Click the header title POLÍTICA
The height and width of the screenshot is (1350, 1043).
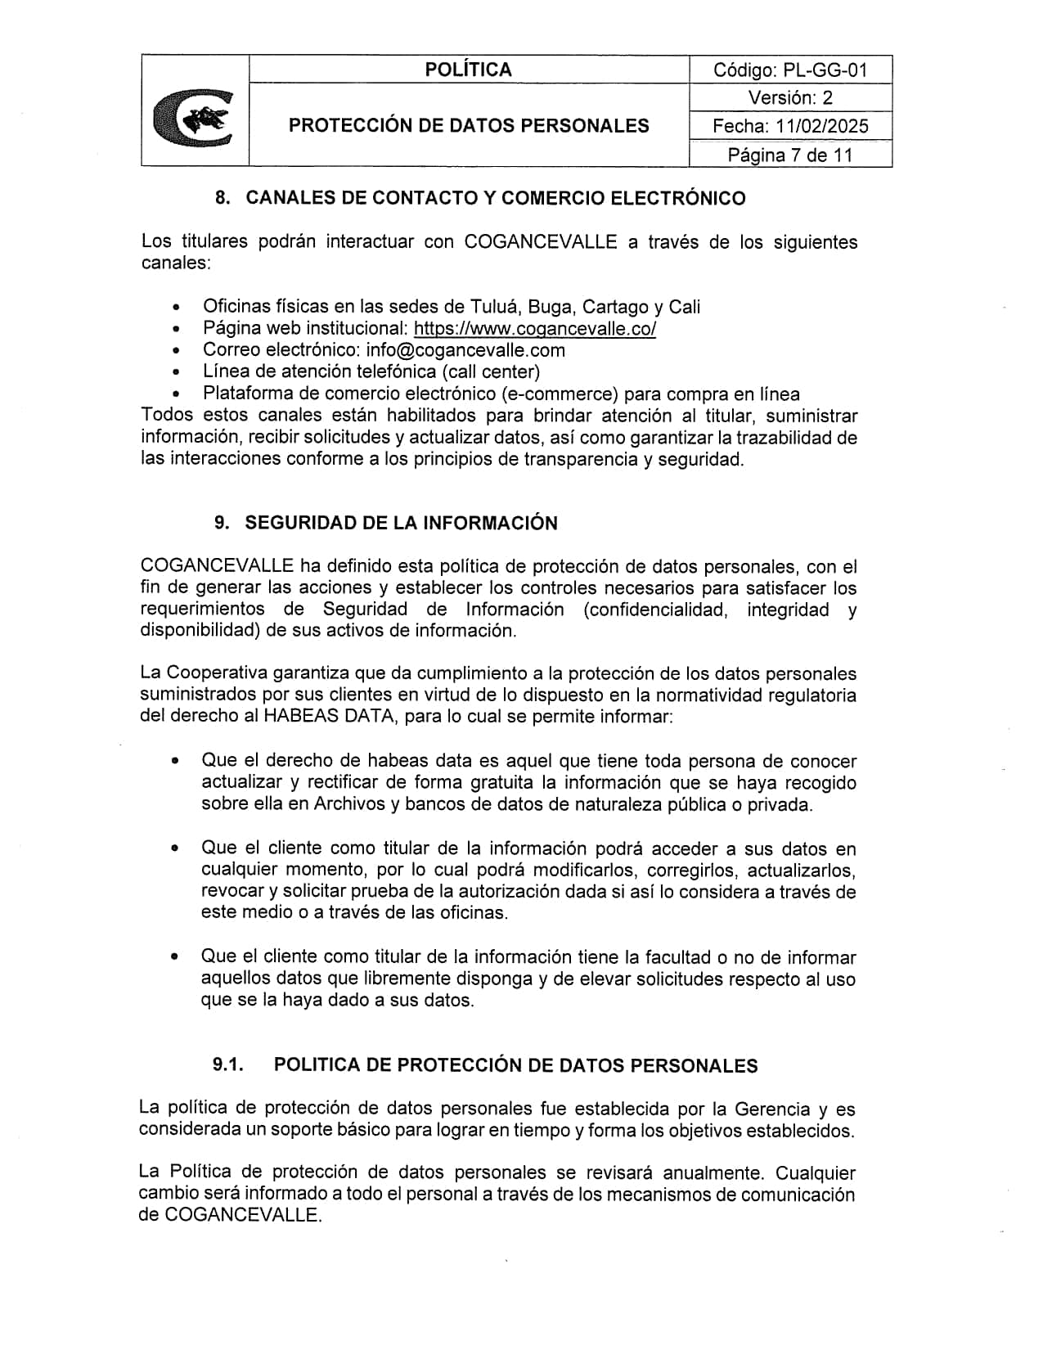[x=468, y=70]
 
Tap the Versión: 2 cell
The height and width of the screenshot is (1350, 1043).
[x=790, y=98]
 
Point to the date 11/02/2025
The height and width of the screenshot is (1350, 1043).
[x=823, y=126]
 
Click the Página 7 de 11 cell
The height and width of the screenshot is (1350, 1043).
[x=790, y=155]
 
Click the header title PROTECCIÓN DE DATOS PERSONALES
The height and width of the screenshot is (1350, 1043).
[x=469, y=125]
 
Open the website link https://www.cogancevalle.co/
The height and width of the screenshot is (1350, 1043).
[x=535, y=329]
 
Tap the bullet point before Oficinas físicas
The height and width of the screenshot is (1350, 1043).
[x=176, y=308]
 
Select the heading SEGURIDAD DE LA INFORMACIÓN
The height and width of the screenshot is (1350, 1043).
[x=401, y=523]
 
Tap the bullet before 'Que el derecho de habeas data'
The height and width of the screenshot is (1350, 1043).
[x=175, y=761]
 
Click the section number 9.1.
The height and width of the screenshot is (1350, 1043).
[x=229, y=1064]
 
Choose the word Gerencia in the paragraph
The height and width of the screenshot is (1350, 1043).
[x=772, y=1109]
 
